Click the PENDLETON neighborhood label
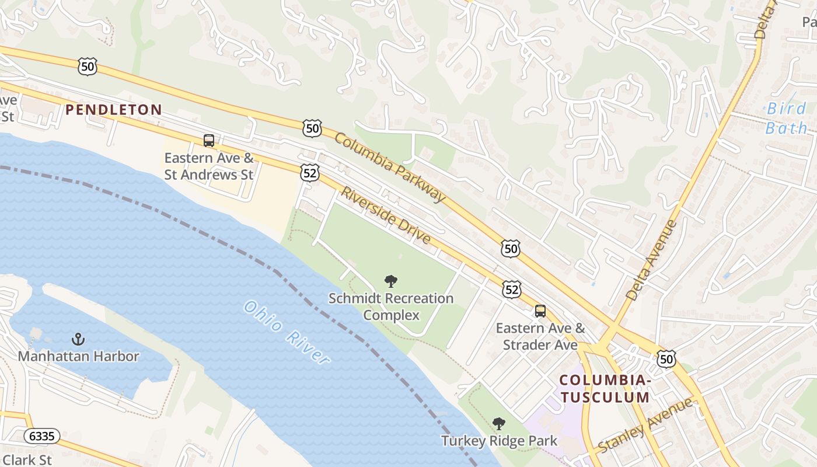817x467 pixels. (x=113, y=110)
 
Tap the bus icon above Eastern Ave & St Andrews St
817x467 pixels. (x=209, y=141)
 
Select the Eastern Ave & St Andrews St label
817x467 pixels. (x=209, y=166)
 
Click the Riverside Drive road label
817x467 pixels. (x=386, y=216)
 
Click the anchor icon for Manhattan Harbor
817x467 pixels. (x=78, y=339)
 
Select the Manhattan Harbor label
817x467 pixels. (x=78, y=356)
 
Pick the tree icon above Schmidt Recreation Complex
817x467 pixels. (x=391, y=282)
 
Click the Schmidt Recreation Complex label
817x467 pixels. (x=391, y=307)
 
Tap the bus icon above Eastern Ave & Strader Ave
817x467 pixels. (x=540, y=311)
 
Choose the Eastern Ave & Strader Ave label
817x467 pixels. (x=540, y=336)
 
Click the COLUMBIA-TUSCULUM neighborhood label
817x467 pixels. (x=604, y=389)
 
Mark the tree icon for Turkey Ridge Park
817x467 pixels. (x=498, y=424)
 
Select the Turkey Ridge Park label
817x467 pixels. (x=499, y=441)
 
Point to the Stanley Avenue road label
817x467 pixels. (x=646, y=425)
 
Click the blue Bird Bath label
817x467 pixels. (x=787, y=118)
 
